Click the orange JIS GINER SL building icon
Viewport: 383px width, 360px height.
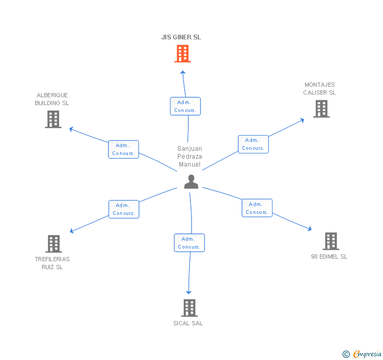pyautogui.click(x=183, y=54)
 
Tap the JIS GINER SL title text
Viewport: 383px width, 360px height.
pyautogui.click(x=181, y=37)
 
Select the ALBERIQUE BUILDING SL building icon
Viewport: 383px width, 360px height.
pyautogui.click(x=53, y=119)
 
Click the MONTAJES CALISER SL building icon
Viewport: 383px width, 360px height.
pyautogui.click(x=321, y=109)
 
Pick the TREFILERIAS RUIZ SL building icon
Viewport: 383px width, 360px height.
pyautogui.click(x=54, y=244)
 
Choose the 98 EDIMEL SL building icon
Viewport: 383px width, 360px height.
pyautogui.click(x=330, y=241)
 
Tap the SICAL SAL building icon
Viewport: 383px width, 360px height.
pyautogui.click(x=189, y=308)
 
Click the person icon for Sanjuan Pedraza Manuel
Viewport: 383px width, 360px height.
pyautogui.click(x=191, y=181)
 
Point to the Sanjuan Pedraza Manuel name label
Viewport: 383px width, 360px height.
pyautogui.click(x=189, y=157)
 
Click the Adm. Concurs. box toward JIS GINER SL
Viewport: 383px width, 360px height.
pyautogui.click(x=185, y=106)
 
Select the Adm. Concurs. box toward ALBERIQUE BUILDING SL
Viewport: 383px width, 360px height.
pyautogui.click(x=124, y=149)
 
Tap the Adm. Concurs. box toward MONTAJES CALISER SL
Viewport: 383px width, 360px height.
pyautogui.click(x=253, y=144)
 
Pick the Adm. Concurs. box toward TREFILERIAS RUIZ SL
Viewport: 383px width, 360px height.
pyautogui.click(x=124, y=209)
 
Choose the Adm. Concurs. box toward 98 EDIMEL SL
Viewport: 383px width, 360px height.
pyautogui.click(x=257, y=208)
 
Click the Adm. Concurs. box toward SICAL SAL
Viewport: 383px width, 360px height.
pyautogui.click(x=189, y=243)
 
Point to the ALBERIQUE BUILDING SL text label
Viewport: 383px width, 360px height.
pyautogui.click(x=52, y=99)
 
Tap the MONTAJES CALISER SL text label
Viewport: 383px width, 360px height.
pyautogui.click(x=319, y=88)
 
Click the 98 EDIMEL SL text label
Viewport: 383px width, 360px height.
pyautogui.click(x=329, y=256)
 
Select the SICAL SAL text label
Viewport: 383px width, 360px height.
pyautogui.click(x=188, y=323)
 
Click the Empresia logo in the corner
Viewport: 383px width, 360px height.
pyautogui.click(x=362, y=354)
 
